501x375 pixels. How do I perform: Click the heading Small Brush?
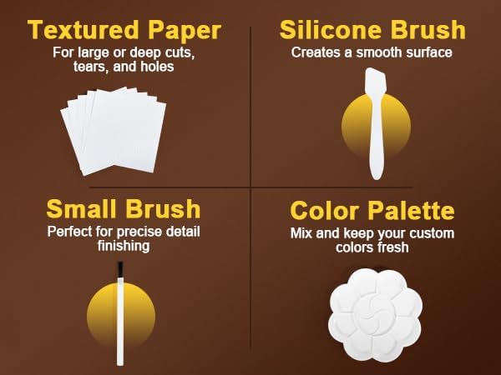(x=123, y=208)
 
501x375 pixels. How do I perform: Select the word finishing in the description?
(x=122, y=245)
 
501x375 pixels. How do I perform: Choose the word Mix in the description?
(x=301, y=233)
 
